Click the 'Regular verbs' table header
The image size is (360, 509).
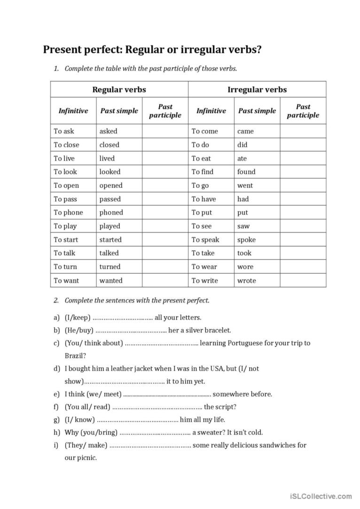pos(119,89)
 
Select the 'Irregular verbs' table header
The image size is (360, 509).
pos(257,89)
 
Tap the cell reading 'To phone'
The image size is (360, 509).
pos(68,212)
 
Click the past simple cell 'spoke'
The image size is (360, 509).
pos(246,239)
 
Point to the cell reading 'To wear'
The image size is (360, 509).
pos(204,267)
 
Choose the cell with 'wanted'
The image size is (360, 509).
pos(110,280)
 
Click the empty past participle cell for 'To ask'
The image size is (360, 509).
pos(165,131)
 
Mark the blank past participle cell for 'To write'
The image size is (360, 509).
pos(303,280)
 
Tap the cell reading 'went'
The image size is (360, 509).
pos(245,185)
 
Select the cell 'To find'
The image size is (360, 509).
pos(202,171)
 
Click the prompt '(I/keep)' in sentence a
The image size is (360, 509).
pos(78,317)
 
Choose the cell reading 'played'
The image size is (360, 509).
pos(110,226)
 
